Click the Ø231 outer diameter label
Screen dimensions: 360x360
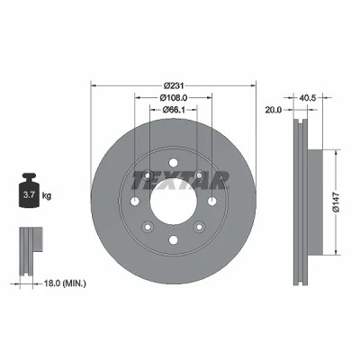pyautogui.click(x=174, y=85)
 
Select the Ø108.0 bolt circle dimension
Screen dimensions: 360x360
pyautogui.click(x=174, y=97)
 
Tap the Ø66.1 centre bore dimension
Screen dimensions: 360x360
pyautogui.click(x=174, y=110)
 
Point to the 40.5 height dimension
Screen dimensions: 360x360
pyautogui.click(x=308, y=98)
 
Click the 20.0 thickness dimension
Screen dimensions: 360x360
pyautogui.click(x=274, y=110)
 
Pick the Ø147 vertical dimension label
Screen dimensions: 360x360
pyautogui.click(x=336, y=202)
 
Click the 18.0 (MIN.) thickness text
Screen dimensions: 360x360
pyautogui.click(x=65, y=283)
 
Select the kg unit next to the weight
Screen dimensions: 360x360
pyautogui.click(x=47, y=196)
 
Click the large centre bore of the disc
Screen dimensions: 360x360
pyautogui.click(x=174, y=202)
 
